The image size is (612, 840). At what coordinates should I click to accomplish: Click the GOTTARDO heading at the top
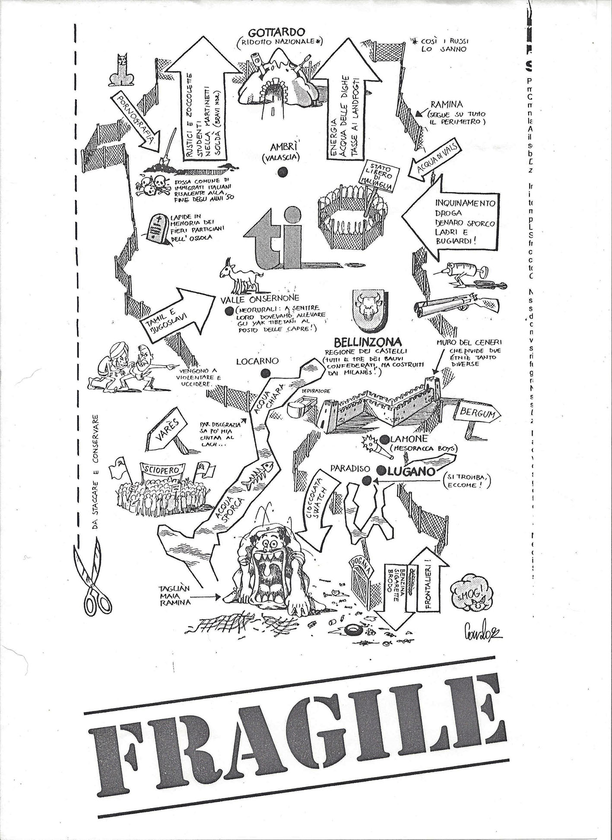click(276, 32)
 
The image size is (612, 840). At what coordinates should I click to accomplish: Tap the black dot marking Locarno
click(266, 373)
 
